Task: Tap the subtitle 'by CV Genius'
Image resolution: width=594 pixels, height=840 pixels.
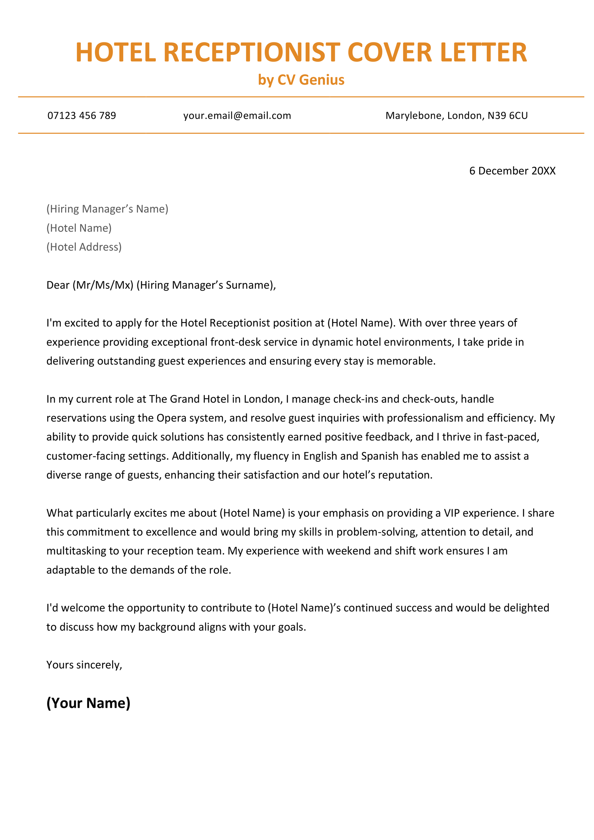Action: pyautogui.click(x=301, y=80)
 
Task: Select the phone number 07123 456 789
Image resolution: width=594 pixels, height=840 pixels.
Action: pyautogui.click(x=82, y=115)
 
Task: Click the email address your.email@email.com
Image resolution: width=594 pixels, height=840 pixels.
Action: pyautogui.click(x=237, y=115)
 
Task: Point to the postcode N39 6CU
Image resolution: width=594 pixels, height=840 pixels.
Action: pyautogui.click(x=507, y=115)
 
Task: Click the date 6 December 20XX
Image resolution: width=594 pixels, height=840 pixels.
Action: pyautogui.click(x=512, y=171)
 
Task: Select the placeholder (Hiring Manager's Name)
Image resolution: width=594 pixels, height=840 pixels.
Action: pyautogui.click(x=107, y=209)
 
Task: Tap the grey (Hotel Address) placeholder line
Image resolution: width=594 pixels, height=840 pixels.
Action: pyautogui.click(x=84, y=247)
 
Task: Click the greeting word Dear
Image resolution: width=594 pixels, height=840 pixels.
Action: pyautogui.click(x=58, y=285)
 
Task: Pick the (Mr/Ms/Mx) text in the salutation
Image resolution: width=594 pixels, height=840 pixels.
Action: pyautogui.click(x=103, y=285)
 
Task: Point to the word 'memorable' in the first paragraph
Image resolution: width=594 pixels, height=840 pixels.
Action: pyautogui.click(x=405, y=361)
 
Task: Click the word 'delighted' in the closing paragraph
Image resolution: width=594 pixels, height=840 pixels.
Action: pyautogui.click(x=526, y=608)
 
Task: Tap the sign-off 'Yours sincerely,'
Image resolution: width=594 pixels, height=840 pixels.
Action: pyautogui.click(x=84, y=665)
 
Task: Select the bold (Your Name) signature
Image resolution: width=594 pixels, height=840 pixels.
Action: pyautogui.click(x=88, y=703)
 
